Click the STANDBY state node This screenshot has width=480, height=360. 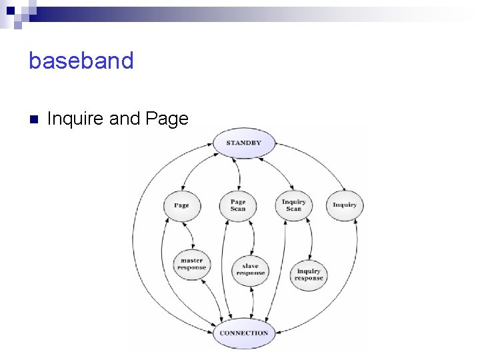243,143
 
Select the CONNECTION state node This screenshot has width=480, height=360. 244,333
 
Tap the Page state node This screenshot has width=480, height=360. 181,205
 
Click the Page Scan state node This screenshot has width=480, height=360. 238,205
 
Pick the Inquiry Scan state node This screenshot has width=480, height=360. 294,205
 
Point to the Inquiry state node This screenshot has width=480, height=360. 345,205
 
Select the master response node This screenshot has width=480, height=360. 192,265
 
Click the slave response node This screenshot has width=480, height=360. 251,269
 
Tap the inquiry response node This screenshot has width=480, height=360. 309,275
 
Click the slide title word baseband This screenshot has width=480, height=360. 81,61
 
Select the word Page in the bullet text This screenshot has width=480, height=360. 167,119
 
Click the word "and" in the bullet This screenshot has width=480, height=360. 124,119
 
